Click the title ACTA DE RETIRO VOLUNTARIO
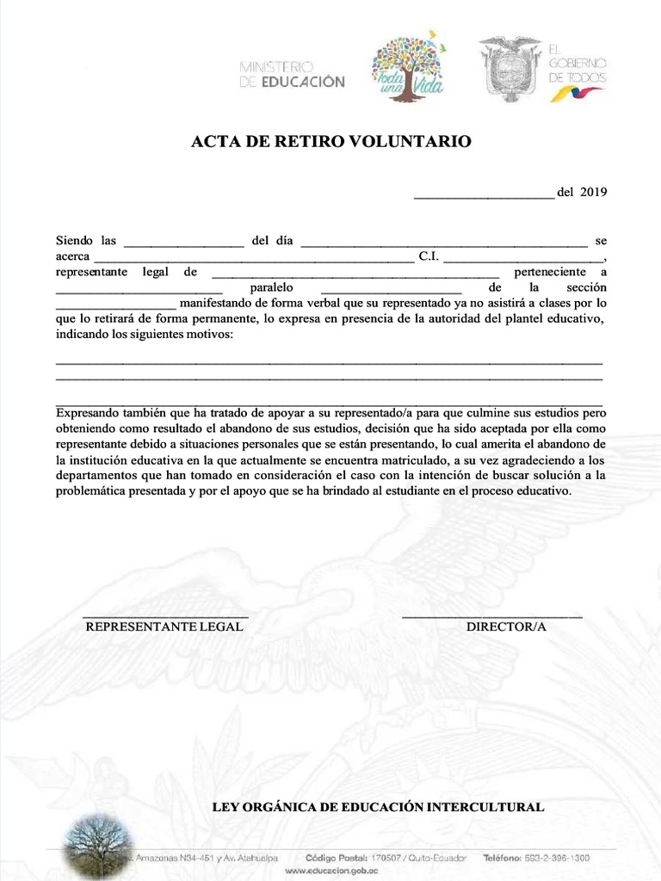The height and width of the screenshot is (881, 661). click(x=330, y=142)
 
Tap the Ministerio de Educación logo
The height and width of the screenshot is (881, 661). click(x=291, y=74)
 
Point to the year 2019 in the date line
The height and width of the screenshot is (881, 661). click(x=594, y=192)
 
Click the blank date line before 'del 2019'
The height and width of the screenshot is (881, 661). click(x=484, y=194)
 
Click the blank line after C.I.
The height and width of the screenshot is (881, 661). click(x=523, y=259)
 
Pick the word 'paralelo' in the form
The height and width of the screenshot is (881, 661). click(x=272, y=287)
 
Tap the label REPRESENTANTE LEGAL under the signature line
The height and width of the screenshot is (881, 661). click(x=164, y=627)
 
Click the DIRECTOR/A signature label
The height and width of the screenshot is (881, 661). click(x=506, y=627)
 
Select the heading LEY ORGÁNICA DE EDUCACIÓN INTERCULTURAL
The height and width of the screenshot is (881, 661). click(x=378, y=807)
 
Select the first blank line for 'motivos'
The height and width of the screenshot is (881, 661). click(x=329, y=363)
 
